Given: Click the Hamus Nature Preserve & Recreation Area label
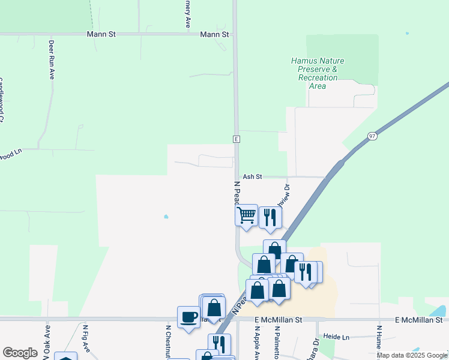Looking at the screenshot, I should coord(314,73).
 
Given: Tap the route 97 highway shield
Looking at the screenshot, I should coord(373,137).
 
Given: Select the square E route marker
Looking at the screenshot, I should coord(237,139).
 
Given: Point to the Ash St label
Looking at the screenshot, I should coord(253,176).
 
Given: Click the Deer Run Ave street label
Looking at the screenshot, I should coord(52,60).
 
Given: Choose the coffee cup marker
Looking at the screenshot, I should coord(188,316).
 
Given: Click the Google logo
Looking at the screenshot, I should coord(20,353).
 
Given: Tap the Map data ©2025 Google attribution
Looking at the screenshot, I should coord(412,355).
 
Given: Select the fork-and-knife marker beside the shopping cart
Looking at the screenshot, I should coord(270,217).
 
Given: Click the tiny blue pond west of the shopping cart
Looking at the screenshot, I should coord(166,217).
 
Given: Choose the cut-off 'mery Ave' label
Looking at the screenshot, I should coord(187,13).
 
